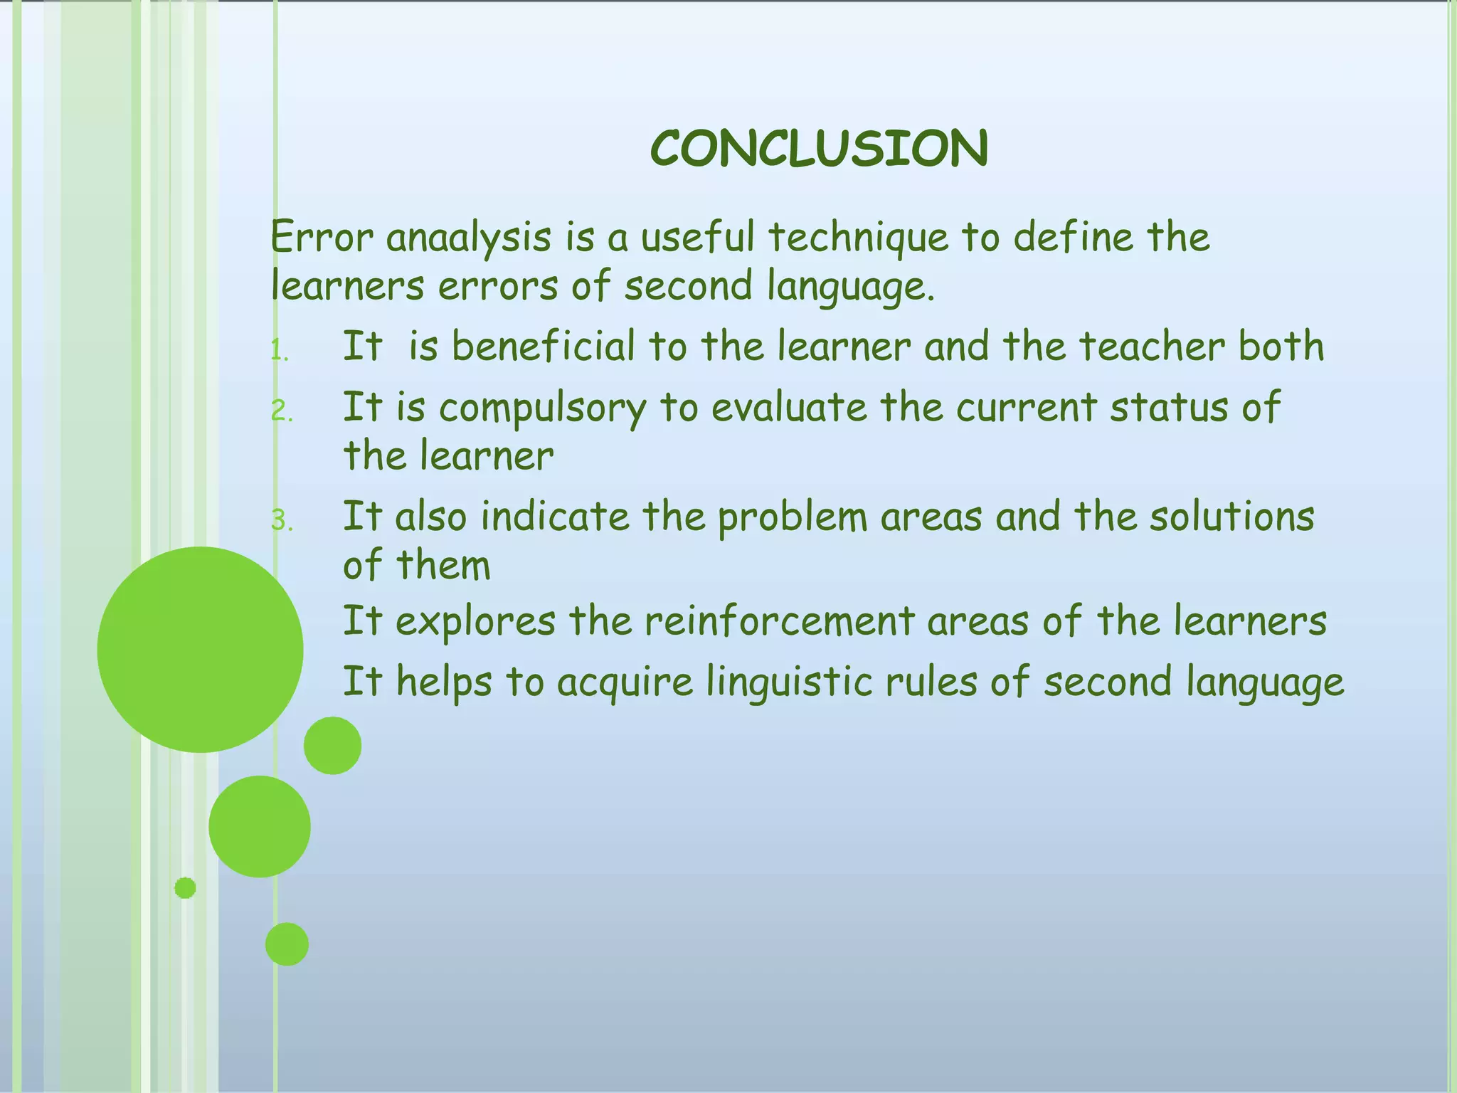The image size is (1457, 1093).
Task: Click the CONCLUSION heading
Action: click(x=819, y=149)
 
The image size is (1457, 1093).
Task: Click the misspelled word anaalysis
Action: click(x=468, y=238)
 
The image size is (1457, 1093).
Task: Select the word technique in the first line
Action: click(x=859, y=238)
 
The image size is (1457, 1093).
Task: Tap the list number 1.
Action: click(x=280, y=351)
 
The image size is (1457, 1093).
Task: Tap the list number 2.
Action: click(x=282, y=411)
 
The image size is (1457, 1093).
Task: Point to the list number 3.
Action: click(x=282, y=521)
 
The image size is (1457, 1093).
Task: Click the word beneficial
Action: click(x=543, y=347)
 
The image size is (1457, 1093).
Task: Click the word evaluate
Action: click(x=789, y=408)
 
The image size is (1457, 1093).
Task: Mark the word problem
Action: click(x=792, y=518)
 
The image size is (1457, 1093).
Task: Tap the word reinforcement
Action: click(x=778, y=621)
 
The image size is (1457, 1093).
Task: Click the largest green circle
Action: click(x=200, y=649)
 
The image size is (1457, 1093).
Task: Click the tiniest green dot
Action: click(x=185, y=887)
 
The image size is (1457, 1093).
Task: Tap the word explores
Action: click(x=475, y=622)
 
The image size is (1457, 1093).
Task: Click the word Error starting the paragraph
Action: click(x=322, y=238)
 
